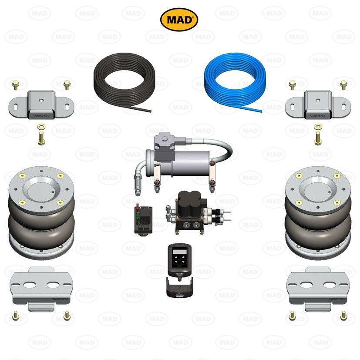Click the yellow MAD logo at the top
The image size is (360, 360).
179,19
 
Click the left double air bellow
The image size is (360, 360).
41,213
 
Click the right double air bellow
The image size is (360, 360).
318,213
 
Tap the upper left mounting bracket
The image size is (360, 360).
41,104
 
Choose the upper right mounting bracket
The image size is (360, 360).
317,104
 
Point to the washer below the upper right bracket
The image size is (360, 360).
318,127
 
